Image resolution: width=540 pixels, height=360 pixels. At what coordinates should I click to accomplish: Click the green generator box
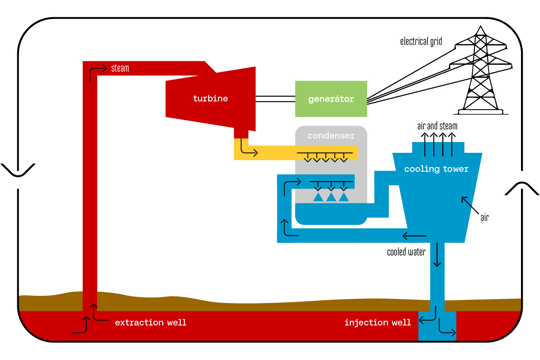331,99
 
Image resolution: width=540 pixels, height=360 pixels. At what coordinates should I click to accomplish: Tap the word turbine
210,98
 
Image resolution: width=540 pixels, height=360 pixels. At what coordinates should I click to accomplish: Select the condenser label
331,136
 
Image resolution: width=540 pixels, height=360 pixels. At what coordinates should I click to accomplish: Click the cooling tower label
436,169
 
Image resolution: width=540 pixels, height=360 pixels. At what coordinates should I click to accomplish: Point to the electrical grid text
421,41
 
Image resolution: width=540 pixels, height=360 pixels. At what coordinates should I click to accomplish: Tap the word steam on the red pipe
120,68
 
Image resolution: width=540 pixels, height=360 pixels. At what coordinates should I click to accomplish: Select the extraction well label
151,322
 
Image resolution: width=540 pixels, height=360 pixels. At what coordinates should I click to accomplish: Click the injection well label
378,322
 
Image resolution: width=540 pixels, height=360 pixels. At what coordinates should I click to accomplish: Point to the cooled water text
406,252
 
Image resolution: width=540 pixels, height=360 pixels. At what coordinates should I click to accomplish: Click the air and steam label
437,126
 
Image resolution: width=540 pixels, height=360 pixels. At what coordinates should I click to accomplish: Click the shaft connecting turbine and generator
275,99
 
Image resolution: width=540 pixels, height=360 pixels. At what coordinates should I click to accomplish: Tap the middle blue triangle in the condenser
331,197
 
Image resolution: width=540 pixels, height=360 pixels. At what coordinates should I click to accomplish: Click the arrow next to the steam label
97,72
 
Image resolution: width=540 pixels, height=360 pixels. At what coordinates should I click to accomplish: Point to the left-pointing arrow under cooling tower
414,236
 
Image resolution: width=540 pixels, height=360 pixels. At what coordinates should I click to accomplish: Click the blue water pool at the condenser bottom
330,214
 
